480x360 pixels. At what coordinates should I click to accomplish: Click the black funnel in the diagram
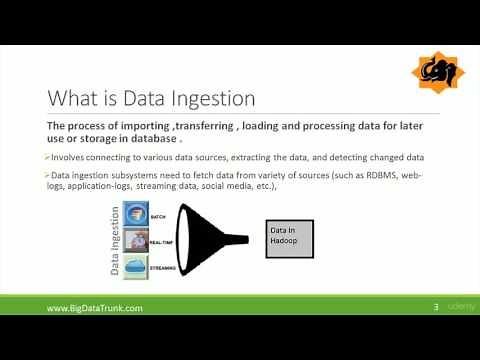tap(209, 238)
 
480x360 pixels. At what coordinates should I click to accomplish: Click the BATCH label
tap(159, 215)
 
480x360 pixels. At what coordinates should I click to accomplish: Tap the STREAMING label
tap(162, 269)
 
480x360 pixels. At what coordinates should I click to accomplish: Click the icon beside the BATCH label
tap(136, 216)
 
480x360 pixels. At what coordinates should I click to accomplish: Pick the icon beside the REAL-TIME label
tap(136, 240)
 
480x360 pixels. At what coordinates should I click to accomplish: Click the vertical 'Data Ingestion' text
tap(115, 239)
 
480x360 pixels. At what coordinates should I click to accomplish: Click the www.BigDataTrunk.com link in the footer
tap(95, 309)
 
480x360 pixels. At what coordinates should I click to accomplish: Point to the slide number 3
tap(435, 308)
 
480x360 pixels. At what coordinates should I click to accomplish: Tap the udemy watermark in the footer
tap(459, 308)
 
